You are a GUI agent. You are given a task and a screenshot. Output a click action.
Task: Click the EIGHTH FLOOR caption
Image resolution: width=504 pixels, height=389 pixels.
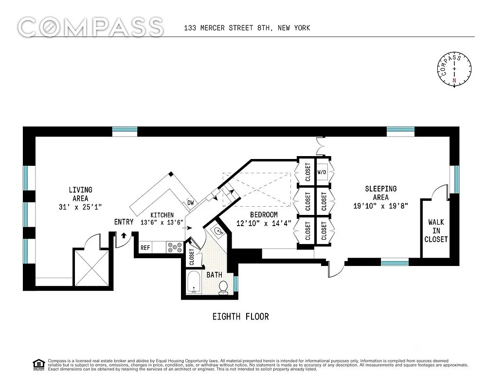click(240, 317)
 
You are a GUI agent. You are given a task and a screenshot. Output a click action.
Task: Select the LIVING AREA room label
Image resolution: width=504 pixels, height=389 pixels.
click(80, 194)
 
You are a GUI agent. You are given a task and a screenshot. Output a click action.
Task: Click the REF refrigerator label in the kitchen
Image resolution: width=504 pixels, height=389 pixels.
click(145, 248)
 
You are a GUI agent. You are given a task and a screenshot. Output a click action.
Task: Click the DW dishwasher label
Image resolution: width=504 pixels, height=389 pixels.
click(190, 203)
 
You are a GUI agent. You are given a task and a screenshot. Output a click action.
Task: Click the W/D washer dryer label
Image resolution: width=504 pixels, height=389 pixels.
click(322, 172)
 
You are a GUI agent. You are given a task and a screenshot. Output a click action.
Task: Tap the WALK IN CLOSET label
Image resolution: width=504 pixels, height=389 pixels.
click(436, 230)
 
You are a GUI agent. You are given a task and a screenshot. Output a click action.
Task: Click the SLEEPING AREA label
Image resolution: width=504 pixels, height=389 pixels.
click(381, 193)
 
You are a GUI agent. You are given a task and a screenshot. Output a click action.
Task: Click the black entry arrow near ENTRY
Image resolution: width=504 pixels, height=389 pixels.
click(123, 235)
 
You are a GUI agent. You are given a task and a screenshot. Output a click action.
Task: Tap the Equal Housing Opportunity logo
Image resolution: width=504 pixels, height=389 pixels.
click(38, 364)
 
